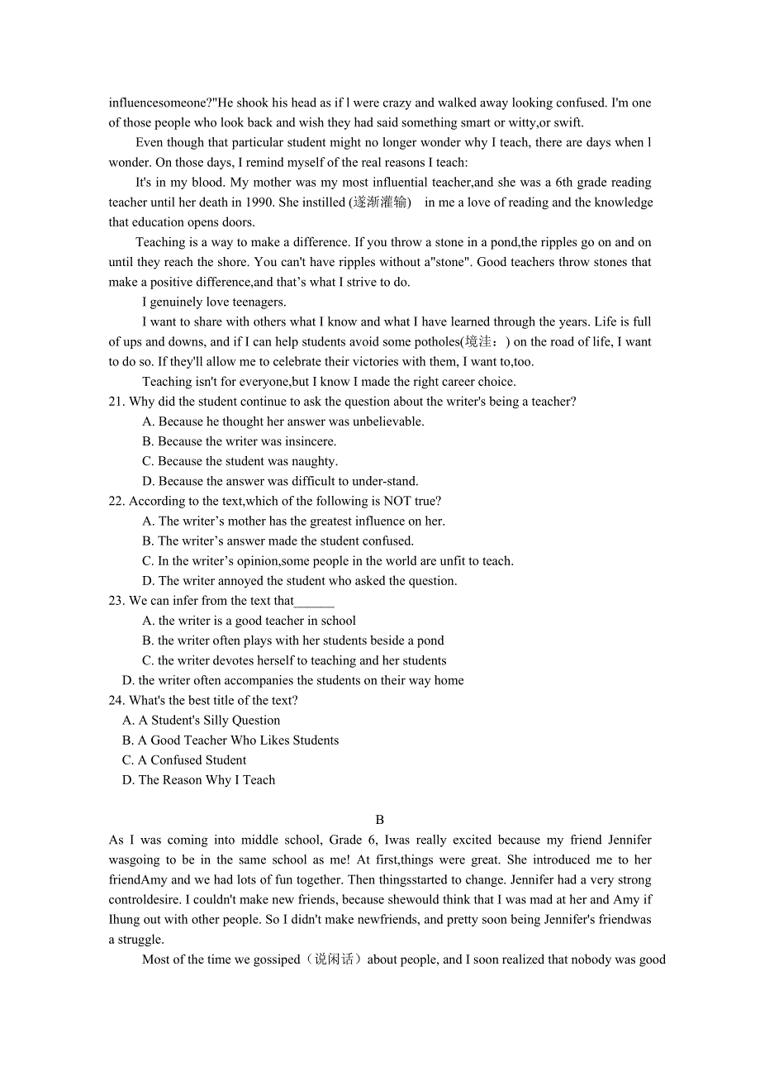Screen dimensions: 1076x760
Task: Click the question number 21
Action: (x=116, y=402)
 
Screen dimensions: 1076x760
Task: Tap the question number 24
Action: (x=116, y=700)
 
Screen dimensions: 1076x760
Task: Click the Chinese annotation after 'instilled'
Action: (x=380, y=202)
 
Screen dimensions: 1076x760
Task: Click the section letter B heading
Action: (x=380, y=820)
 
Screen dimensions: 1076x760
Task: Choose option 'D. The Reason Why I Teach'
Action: (x=198, y=780)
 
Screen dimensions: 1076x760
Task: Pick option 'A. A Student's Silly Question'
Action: (x=201, y=721)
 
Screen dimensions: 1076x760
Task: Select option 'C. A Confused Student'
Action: (x=184, y=760)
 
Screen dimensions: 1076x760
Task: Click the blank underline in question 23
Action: (x=314, y=602)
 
